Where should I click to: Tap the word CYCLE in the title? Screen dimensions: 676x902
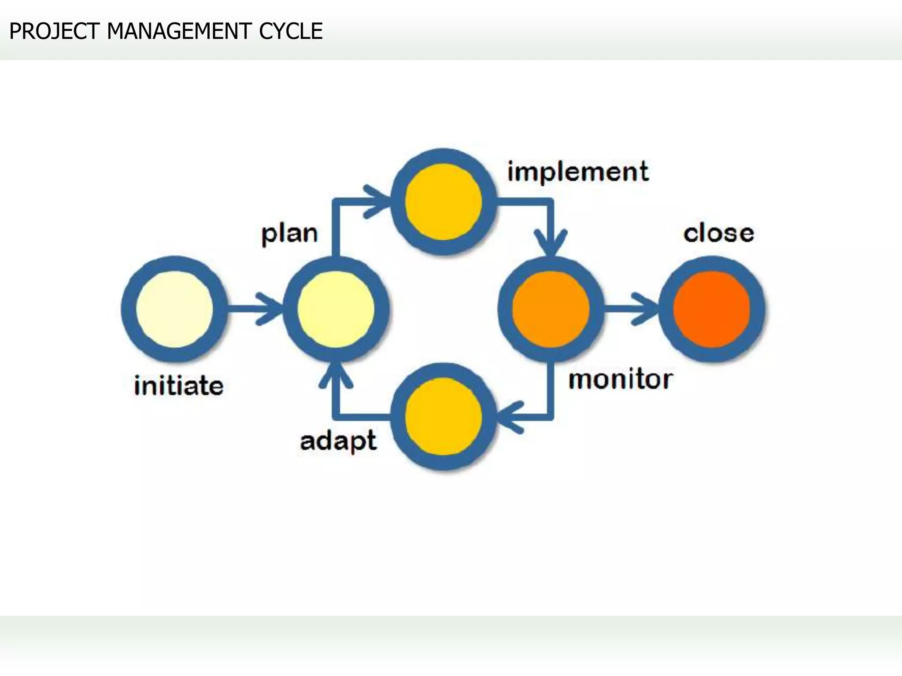pyautogui.click(x=291, y=31)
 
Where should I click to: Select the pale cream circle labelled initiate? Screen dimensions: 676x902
pyautogui.click(x=175, y=309)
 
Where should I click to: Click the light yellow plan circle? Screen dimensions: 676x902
pyautogui.click(x=336, y=309)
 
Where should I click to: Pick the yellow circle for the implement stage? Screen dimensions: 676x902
pyautogui.click(x=444, y=202)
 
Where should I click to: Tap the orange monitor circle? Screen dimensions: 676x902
pyautogui.click(x=551, y=309)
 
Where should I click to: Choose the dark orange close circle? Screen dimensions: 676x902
pyautogui.click(x=712, y=309)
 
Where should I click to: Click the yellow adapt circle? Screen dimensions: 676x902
pyautogui.click(x=444, y=416)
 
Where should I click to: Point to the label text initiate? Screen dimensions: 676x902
pyautogui.click(x=179, y=386)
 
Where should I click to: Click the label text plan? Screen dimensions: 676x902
pyautogui.click(x=289, y=234)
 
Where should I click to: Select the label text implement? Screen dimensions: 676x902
pyautogui.click(x=578, y=171)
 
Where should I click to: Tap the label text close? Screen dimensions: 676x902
pyautogui.click(x=718, y=233)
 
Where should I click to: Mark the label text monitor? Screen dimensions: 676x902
pyautogui.click(x=620, y=379)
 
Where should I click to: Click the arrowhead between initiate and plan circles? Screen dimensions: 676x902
pyautogui.click(x=271, y=309)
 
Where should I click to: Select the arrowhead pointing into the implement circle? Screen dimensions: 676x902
pyautogui.click(x=379, y=202)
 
